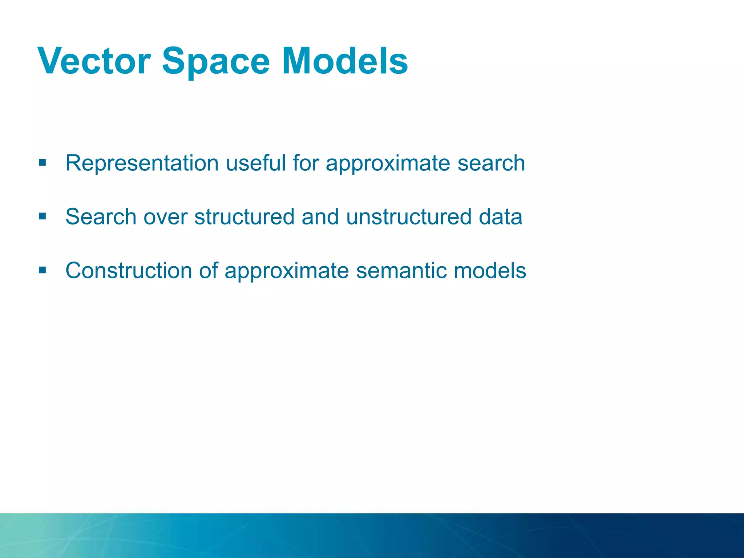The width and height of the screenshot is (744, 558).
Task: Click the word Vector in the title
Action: [x=94, y=61]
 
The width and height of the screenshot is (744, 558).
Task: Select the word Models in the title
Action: [x=345, y=61]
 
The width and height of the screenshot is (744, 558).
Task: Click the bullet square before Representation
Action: [x=43, y=162]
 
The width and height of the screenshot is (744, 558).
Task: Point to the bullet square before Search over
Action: [x=43, y=217]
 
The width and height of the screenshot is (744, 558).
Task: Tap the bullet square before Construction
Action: [x=43, y=270]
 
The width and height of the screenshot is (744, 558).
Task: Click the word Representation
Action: [x=142, y=163]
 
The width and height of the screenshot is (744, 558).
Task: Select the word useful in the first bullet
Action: [x=256, y=163]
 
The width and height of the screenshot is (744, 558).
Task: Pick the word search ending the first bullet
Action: [x=491, y=163]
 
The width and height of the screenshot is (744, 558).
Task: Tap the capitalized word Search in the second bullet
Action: [x=101, y=217]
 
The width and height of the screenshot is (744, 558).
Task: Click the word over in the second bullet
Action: [x=165, y=217]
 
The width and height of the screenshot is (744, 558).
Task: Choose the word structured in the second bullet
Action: [x=244, y=217]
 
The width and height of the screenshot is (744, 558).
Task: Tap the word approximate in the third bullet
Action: [x=287, y=271]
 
